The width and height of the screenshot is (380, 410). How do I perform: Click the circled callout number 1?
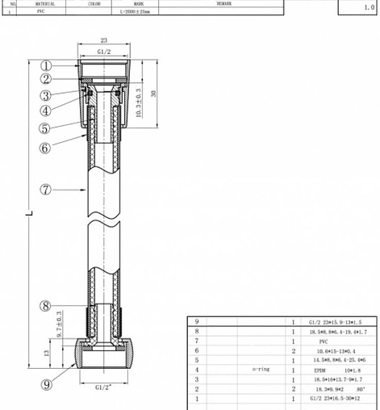tap(46, 66)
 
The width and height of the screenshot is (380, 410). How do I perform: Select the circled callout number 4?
tap(46, 110)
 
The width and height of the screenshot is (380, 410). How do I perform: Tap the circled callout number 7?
tap(46, 189)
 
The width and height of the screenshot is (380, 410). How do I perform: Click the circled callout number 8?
tap(46, 306)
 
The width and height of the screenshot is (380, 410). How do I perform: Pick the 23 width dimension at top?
tap(104, 40)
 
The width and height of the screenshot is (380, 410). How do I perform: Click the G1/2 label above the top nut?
tap(104, 52)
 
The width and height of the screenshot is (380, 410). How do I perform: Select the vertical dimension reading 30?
tap(153, 93)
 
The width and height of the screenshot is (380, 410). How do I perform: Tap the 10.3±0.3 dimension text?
tap(138, 105)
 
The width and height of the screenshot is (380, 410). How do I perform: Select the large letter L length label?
tap(28, 213)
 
